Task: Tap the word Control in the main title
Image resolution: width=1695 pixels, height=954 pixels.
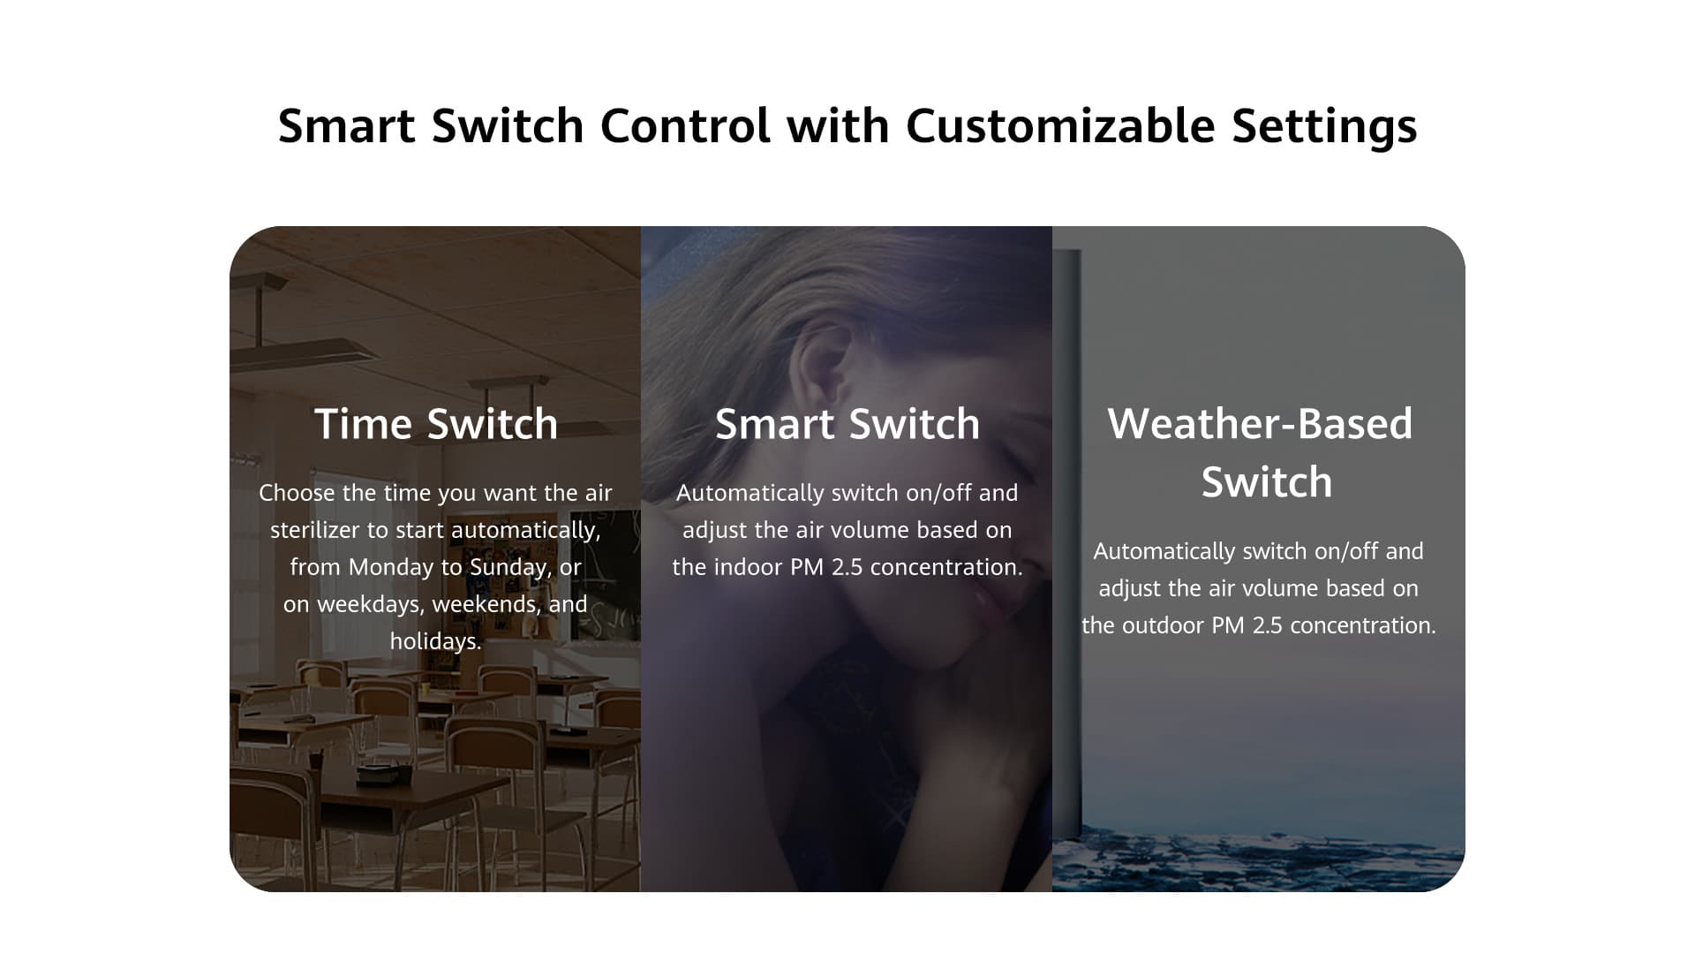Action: click(x=685, y=125)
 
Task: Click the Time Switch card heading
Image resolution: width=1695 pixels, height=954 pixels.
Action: click(x=436, y=424)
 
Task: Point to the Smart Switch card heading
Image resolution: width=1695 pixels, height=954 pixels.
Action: click(x=847, y=424)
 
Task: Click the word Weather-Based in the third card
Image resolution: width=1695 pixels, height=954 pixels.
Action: click(x=1260, y=424)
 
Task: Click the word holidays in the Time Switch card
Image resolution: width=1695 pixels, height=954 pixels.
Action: click(x=436, y=641)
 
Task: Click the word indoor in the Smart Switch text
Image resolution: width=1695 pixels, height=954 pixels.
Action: click(x=749, y=567)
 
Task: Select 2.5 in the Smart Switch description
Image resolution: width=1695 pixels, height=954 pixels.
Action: click(x=847, y=567)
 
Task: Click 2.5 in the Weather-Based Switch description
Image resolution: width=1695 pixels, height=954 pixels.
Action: click(x=1268, y=625)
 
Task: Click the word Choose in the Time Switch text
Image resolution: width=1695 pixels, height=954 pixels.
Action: click(x=297, y=493)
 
